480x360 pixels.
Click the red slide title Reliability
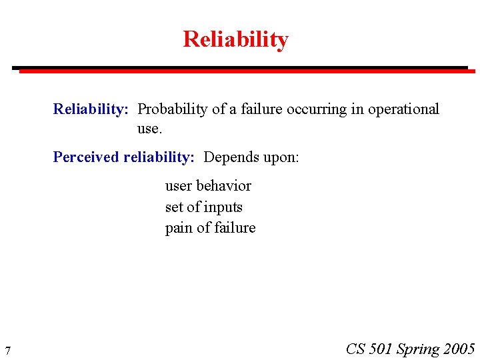coord(235,39)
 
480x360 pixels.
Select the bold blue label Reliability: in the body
coord(91,109)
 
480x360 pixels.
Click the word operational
coord(403,109)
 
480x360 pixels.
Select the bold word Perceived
coord(86,157)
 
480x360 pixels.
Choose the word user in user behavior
coord(179,186)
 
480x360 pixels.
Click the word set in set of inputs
coord(174,207)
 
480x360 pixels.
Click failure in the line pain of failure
coord(233,228)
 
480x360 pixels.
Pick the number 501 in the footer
coord(380,349)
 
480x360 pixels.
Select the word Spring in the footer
coord(418,349)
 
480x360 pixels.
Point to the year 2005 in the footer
coord(459,349)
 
